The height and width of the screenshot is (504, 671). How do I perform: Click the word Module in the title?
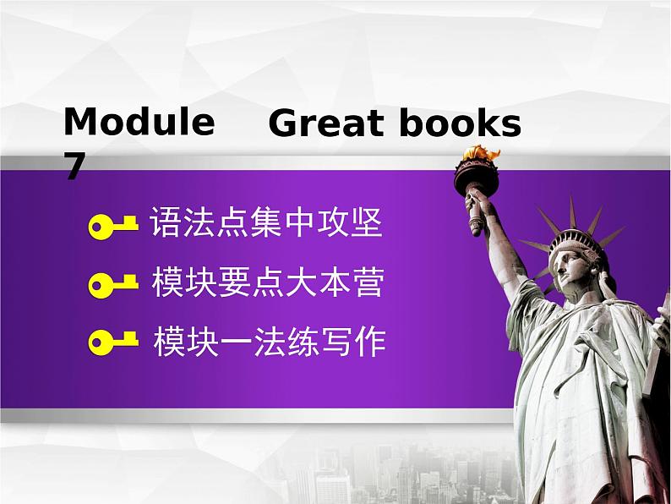(139, 123)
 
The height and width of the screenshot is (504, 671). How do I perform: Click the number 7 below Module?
(75, 167)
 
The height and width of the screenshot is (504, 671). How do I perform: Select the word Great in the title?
(325, 124)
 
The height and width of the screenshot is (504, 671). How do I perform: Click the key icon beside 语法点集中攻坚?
(112, 226)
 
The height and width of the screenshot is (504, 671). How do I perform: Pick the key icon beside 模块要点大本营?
(112, 283)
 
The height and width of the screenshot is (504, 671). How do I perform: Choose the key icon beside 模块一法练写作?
(112, 342)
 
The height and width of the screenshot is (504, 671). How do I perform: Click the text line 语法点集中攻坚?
(265, 224)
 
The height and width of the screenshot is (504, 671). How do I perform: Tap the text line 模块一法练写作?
(269, 342)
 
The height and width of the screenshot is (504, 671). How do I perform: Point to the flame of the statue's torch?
(479, 154)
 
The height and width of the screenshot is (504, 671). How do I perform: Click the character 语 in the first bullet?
(164, 224)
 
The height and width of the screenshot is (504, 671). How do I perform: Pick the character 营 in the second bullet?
(368, 282)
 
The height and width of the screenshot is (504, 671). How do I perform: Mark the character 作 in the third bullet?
(370, 342)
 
